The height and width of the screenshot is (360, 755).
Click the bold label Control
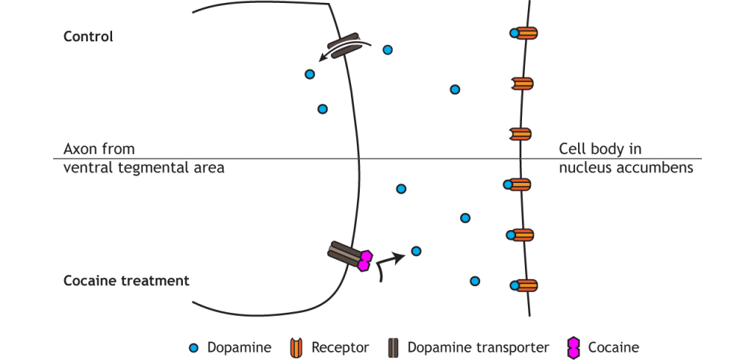click(88, 36)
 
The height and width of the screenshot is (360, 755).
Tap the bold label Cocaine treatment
click(126, 280)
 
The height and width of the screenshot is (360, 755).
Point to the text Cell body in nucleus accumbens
click(626, 159)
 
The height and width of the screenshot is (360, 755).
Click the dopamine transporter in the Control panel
click(344, 45)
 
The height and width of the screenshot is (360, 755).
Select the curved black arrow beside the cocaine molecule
click(389, 265)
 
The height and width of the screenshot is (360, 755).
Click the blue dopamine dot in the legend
click(194, 347)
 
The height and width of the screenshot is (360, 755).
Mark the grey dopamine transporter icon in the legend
click(393, 347)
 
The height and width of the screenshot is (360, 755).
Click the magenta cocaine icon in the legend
click(573, 347)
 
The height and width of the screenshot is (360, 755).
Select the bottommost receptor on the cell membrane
click(524, 285)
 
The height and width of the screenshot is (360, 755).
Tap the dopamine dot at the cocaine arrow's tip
click(416, 251)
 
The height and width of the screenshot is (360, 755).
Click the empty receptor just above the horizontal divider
click(521, 134)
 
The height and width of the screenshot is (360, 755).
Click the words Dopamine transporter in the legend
click(479, 347)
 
